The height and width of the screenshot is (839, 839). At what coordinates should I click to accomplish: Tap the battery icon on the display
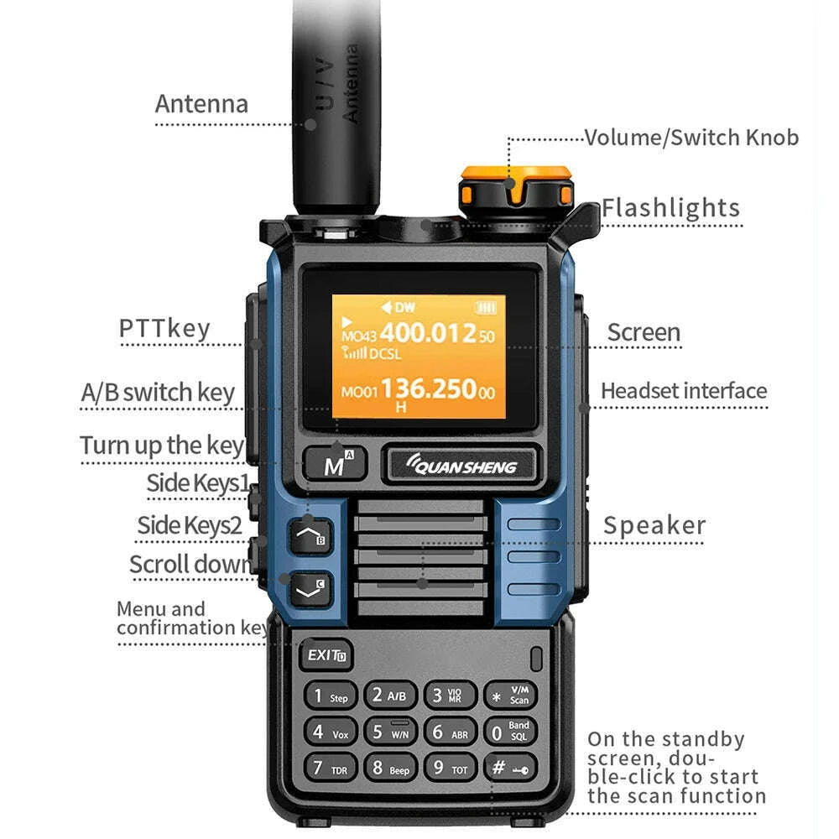pyautogui.click(x=486, y=307)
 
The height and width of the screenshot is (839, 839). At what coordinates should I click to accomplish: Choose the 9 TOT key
pyautogui.click(x=450, y=767)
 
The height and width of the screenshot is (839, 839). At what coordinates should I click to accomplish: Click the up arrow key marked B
pyautogui.click(x=310, y=534)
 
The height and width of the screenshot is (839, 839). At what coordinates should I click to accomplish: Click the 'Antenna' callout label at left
pyautogui.click(x=201, y=104)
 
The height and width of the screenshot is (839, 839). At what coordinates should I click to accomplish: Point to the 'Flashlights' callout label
pyautogui.click(x=670, y=208)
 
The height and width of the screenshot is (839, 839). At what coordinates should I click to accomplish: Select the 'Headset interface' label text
pyautogui.click(x=683, y=391)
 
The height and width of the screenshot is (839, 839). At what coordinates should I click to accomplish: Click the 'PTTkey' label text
pyautogui.click(x=164, y=328)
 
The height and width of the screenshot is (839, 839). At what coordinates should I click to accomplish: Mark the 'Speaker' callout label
pyautogui.click(x=654, y=526)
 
